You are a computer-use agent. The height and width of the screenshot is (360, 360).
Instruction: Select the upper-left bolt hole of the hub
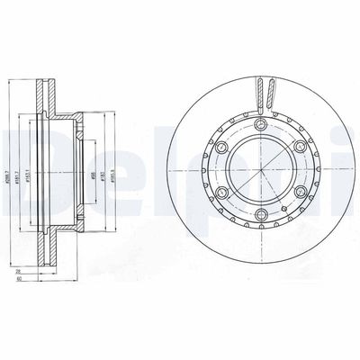click(x=220, y=148)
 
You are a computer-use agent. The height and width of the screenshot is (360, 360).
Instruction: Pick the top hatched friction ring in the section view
click(x=44, y=94)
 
